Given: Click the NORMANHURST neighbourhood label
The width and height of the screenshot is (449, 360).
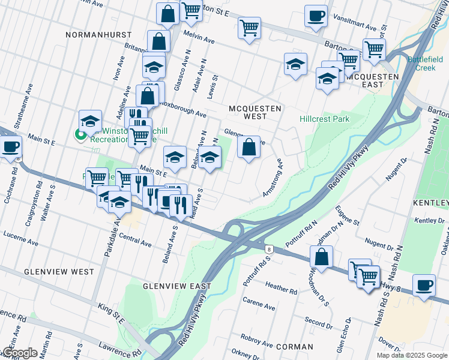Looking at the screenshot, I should pos(97,35).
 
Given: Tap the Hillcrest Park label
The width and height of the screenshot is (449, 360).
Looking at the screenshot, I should pos(324,119).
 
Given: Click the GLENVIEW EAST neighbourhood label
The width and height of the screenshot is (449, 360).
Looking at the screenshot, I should pos(177,286).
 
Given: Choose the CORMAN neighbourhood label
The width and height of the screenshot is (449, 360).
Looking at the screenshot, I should pos(295,347).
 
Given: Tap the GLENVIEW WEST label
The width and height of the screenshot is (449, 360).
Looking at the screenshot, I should pos(59,272).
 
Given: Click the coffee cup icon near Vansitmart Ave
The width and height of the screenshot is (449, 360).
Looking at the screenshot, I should pos(315,17).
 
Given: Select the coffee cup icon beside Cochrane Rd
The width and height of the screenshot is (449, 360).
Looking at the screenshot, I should pos(10,147).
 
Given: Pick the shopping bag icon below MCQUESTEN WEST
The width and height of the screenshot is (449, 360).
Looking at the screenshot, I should pos(249,147).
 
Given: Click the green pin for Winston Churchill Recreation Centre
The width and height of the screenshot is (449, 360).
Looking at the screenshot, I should pos(79,134).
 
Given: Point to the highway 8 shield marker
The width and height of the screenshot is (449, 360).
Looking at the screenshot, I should pos(268,248).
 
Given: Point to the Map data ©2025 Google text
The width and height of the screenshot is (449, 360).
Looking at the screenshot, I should pos(412,355).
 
